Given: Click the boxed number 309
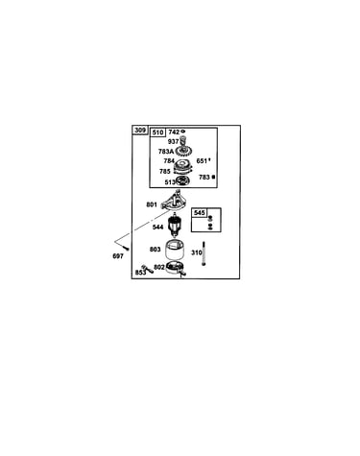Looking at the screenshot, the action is [x=140, y=131].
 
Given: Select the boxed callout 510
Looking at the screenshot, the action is [x=157, y=132].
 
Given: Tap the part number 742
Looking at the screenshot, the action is [x=174, y=132].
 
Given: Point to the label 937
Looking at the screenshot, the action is [x=173, y=141].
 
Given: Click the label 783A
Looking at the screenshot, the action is [x=166, y=152].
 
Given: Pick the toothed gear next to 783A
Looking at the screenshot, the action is [x=183, y=151].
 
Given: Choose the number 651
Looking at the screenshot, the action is [x=202, y=161].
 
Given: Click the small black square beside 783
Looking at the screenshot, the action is [x=213, y=177].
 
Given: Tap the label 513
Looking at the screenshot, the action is [x=170, y=182].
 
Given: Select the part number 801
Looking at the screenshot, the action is [x=152, y=204].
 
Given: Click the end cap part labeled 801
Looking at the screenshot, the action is [x=175, y=202].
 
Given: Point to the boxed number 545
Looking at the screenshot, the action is [x=200, y=213].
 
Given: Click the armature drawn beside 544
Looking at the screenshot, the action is [x=175, y=225].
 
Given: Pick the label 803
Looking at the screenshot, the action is [x=156, y=249].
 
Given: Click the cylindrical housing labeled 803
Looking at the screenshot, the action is [x=175, y=250].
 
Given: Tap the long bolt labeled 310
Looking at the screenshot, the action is [x=204, y=253].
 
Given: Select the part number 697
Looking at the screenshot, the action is [x=118, y=256].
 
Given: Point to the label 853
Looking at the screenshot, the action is [x=140, y=273].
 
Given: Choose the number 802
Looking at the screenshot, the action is [x=159, y=267].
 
